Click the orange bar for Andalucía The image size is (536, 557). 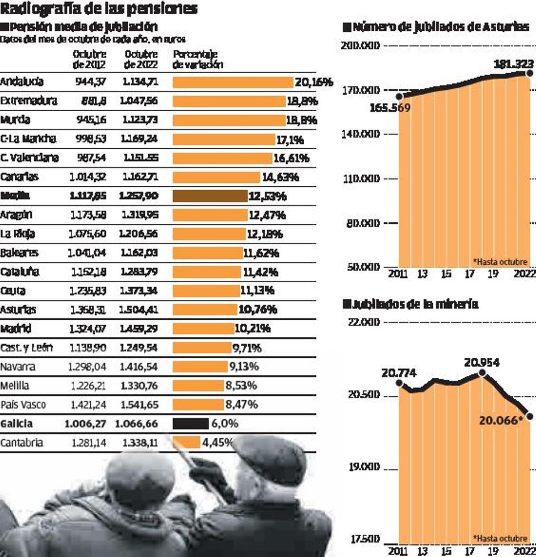(x=233, y=82)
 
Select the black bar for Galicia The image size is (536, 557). (x=191, y=423)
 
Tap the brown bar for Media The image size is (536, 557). (x=210, y=196)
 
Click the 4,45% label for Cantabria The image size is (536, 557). (x=218, y=442)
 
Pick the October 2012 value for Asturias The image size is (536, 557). (x=88, y=310)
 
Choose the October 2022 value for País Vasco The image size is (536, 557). (x=139, y=405)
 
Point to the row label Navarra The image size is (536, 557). (x=18, y=367)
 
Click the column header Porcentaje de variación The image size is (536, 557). (x=197, y=59)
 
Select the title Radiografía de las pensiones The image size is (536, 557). (x=99, y=8)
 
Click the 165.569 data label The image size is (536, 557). (x=390, y=108)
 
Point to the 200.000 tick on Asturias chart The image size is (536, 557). (x=360, y=46)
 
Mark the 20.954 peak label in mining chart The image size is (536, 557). (x=482, y=362)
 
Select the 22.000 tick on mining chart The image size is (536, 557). (x=364, y=322)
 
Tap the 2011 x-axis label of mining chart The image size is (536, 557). (x=397, y=551)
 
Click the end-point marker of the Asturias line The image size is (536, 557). (x=530, y=73)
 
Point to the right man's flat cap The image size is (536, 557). (x=270, y=458)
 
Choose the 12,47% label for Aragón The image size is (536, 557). (x=267, y=215)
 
